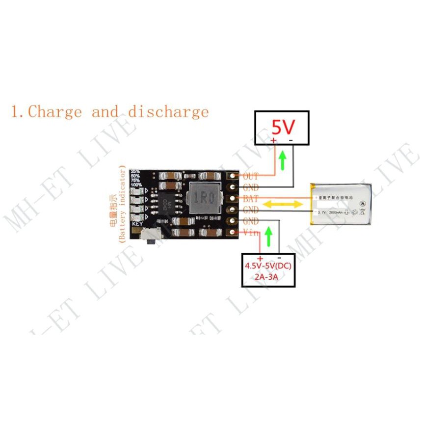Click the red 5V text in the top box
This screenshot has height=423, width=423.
(x=283, y=128)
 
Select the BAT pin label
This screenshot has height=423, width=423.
(x=250, y=199)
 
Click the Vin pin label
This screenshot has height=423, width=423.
(x=250, y=233)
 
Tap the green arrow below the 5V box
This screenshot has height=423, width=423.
(x=282, y=160)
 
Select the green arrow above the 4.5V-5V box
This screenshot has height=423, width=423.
(x=268, y=236)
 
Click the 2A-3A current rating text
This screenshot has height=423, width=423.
(x=268, y=278)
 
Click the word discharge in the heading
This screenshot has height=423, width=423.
(x=168, y=111)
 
